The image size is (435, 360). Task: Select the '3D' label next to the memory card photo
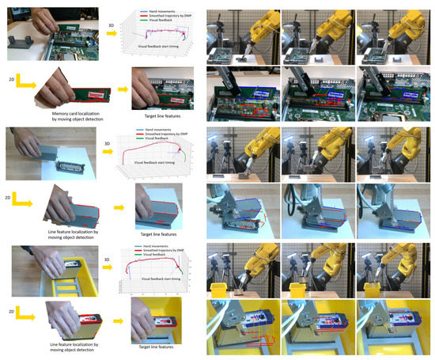110,26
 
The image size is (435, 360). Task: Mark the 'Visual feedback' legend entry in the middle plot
161,142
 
